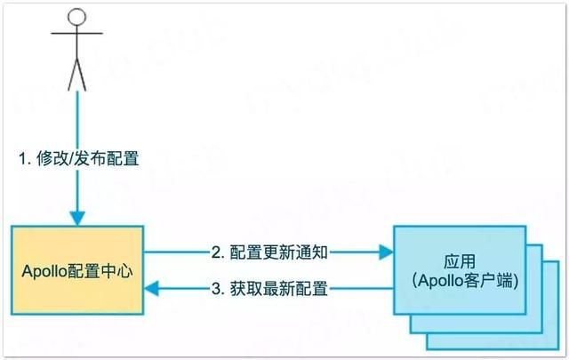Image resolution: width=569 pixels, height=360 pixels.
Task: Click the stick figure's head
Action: click(x=78, y=18)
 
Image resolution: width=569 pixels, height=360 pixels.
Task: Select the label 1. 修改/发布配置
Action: click(x=78, y=158)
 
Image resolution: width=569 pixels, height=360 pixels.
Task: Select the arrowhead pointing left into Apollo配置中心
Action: click(x=153, y=288)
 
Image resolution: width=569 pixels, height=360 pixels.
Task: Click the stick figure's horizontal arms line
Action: click(x=78, y=36)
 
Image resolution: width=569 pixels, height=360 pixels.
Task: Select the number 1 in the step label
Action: click(x=23, y=158)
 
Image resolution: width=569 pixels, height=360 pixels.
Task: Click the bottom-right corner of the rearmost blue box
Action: click(x=543, y=348)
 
